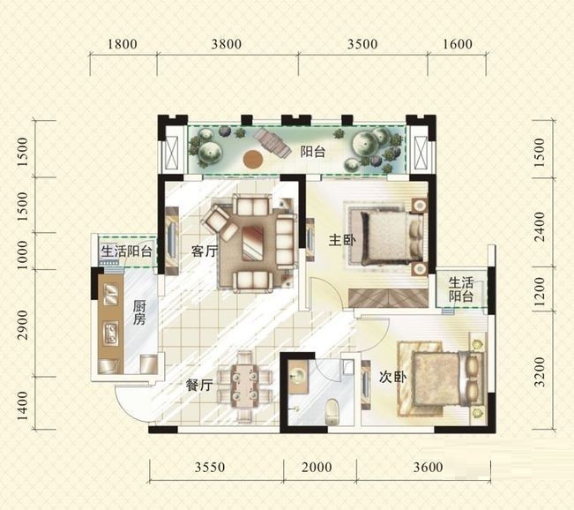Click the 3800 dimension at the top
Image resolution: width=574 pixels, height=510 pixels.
click(227, 44)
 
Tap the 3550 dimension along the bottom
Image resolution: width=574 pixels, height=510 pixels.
click(209, 467)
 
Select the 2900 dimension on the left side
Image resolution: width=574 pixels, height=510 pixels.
click(22, 325)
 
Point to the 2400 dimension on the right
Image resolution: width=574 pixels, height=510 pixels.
click(540, 227)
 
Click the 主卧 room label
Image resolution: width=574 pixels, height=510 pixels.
click(342, 240)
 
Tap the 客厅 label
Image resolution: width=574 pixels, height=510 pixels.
click(205, 251)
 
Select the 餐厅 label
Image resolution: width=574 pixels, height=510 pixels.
click(199, 385)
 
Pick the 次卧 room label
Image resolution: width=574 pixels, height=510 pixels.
click(392, 377)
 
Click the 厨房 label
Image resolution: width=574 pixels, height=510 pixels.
click(139, 312)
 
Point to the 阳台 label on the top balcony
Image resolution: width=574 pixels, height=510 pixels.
click(313, 152)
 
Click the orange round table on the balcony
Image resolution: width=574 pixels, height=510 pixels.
click(253, 160)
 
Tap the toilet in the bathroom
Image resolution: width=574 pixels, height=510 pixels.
click(332, 411)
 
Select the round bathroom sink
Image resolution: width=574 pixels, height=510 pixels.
click(297, 376)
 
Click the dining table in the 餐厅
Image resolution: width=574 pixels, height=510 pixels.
click(244, 386)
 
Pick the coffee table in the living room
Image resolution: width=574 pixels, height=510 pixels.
click(253, 243)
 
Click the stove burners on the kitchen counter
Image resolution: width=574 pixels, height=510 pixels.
click(111, 333)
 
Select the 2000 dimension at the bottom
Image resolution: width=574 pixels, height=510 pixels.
click(317, 467)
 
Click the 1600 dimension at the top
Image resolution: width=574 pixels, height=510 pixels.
click(458, 44)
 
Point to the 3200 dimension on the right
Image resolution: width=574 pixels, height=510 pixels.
click(540, 372)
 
